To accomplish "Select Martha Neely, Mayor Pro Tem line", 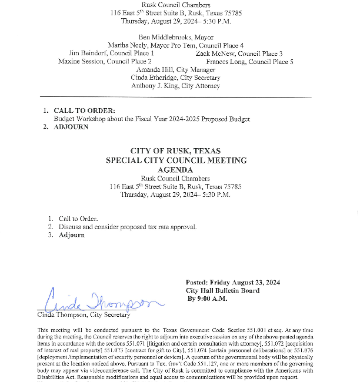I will (x=175, y=45).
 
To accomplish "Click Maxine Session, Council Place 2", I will (x=105, y=61).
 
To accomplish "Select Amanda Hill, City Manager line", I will (x=175, y=69).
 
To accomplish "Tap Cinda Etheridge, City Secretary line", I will (x=175, y=78).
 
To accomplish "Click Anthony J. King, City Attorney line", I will (x=175, y=86).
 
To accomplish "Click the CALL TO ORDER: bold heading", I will (x=84, y=110).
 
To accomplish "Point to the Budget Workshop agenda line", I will (x=152, y=119).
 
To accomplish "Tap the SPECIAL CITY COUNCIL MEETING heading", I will (x=176, y=160).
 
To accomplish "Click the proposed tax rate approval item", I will (x=127, y=227).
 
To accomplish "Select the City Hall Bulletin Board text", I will (x=222, y=290).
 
